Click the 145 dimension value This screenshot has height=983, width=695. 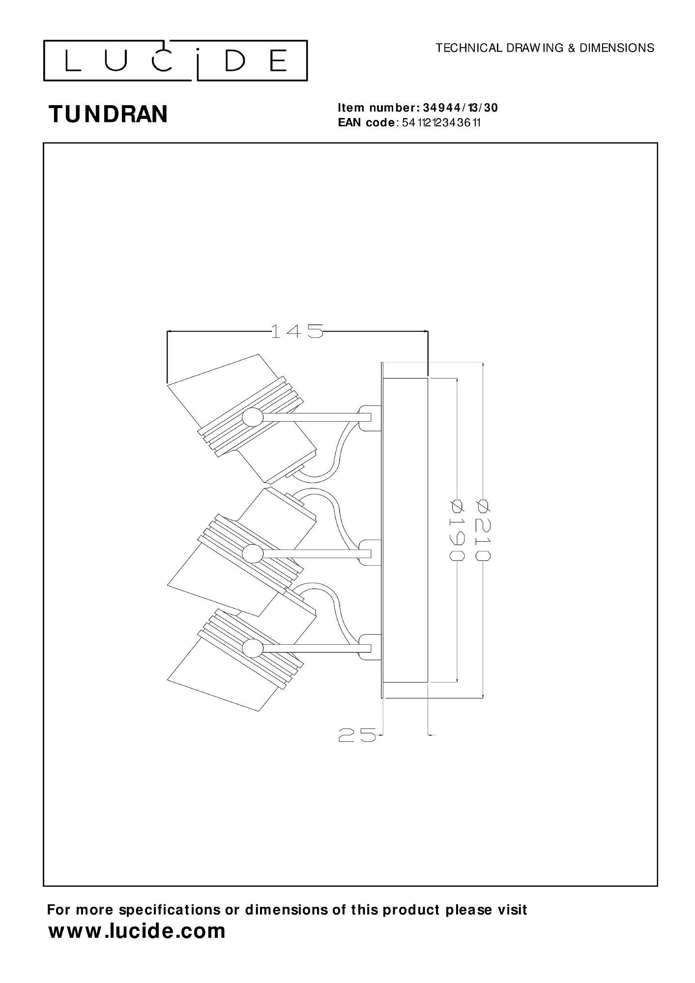pyautogui.click(x=297, y=331)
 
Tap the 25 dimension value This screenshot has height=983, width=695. pyautogui.click(x=357, y=749)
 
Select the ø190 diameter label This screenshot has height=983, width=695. pyautogui.click(x=457, y=529)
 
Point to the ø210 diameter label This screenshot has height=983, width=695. pyautogui.click(x=483, y=529)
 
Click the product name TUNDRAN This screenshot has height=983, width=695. pyautogui.click(x=108, y=114)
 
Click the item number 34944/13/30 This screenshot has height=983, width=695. pyautogui.click(x=460, y=108)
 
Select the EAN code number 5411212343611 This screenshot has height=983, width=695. pyautogui.click(x=441, y=122)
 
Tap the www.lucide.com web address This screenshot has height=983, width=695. pyautogui.click(x=137, y=931)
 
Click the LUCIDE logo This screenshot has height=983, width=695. pyautogui.click(x=175, y=60)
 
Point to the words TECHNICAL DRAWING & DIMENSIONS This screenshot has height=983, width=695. pyautogui.click(x=545, y=48)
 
